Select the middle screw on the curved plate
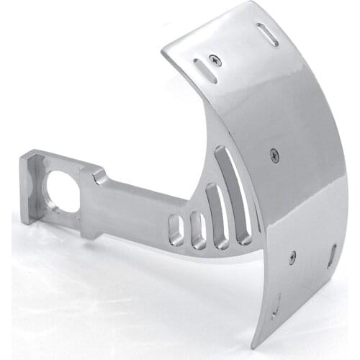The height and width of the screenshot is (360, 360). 274,153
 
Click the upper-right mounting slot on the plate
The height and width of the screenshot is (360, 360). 267,34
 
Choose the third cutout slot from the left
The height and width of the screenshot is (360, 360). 217,216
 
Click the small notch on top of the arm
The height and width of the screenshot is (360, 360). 99,175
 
